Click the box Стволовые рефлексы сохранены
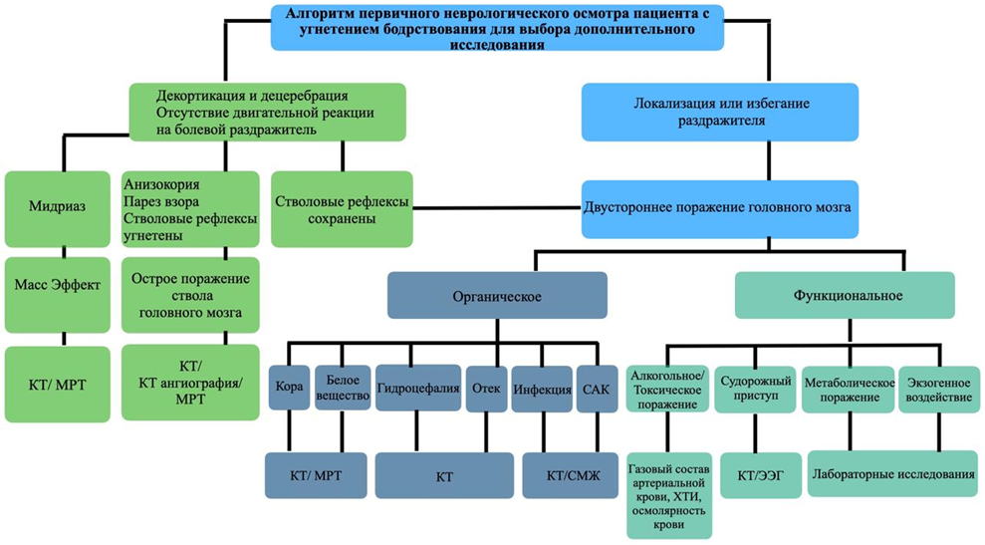point(342,209)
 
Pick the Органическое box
point(497,295)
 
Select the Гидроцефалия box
point(417,390)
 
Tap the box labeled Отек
point(485,390)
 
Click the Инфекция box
point(541,390)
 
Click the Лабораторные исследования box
point(891,474)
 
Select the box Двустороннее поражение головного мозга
point(716,208)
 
